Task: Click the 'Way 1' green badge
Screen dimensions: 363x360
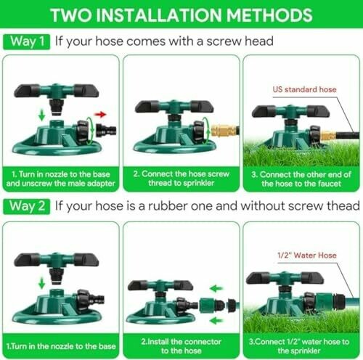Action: tap(27, 41)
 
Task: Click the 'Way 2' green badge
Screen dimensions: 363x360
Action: tap(27, 206)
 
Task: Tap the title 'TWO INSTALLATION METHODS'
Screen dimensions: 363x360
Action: tap(181, 15)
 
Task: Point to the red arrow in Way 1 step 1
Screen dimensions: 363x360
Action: tap(100, 114)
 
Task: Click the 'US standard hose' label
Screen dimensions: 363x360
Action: tap(304, 89)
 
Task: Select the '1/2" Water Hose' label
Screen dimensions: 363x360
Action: tap(307, 255)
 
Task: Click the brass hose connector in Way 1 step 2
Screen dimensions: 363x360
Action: tap(224, 131)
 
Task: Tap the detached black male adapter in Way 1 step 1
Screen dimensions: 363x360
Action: tap(106, 131)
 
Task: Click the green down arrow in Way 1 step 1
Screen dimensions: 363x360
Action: tap(42, 115)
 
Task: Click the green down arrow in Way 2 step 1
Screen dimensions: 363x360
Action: tap(42, 283)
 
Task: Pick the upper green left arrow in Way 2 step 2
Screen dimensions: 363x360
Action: tap(216, 288)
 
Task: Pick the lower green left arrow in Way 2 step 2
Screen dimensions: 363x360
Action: tap(216, 321)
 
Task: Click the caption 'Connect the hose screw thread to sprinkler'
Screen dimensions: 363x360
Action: tap(181, 179)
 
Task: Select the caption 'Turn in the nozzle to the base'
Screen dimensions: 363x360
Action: tap(61, 346)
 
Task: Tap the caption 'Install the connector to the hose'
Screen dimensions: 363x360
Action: tap(181, 346)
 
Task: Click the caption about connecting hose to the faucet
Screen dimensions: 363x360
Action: tap(301, 179)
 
